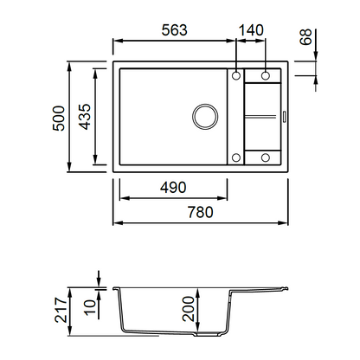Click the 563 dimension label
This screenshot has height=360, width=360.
tap(175, 30)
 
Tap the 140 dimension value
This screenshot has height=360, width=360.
tap(251, 30)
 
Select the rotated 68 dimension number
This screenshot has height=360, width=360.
tap(305, 37)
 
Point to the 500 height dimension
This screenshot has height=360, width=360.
tap(59, 119)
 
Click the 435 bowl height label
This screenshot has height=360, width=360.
tap(85, 117)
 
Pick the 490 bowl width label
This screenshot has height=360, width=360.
tap(173, 188)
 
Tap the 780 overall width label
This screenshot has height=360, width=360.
tap(201, 212)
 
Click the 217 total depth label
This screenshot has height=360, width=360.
tap(61, 311)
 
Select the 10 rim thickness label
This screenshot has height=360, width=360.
tap(90, 307)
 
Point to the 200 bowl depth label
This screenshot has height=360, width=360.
tap(189, 309)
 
